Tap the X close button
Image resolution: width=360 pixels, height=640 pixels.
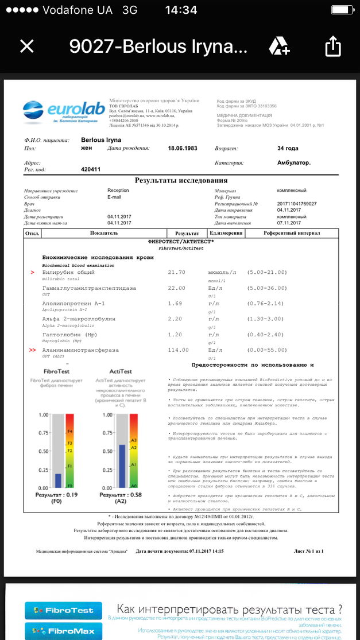click(x=27, y=46)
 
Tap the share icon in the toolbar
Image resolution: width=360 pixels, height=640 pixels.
click(x=334, y=46)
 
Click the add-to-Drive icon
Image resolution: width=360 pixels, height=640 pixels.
click(x=280, y=45)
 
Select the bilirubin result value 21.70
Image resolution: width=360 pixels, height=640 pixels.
click(x=177, y=272)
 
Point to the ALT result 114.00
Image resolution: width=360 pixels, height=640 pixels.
click(x=178, y=350)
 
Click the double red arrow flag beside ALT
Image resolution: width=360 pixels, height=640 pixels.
click(x=32, y=350)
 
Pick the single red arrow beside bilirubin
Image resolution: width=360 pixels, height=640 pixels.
click(x=32, y=272)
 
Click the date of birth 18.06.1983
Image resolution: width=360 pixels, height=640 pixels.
click(x=182, y=148)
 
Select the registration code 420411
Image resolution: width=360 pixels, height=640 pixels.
click(x=91, y=169)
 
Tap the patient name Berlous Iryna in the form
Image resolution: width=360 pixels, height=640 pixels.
click(x=101, y=139)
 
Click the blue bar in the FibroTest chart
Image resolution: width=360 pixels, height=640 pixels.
click(x=58, y=480)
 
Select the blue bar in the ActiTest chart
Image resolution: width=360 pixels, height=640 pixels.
click(x=122, y=466)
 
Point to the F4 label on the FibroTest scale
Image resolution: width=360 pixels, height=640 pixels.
click(x=70, y=431)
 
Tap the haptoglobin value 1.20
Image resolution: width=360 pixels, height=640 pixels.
click(x=175, y=334)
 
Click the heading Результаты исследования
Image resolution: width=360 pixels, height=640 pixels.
click(x=181, y=180)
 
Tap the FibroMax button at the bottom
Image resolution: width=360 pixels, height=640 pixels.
click(x=63, y=630)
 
